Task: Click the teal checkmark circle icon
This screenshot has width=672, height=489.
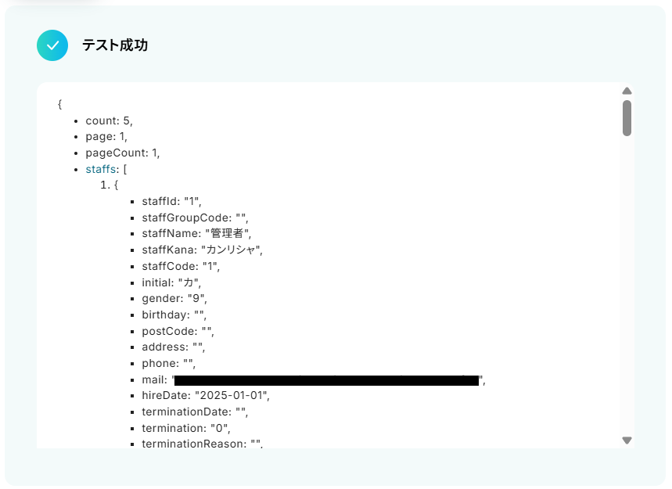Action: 52,45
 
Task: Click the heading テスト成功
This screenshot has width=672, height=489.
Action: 115,45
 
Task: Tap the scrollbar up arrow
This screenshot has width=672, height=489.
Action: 627,91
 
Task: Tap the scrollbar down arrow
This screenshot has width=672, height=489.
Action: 627,440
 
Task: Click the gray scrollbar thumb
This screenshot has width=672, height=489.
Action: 627,117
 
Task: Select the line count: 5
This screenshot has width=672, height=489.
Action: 110,120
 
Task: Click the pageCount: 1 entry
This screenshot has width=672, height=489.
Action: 123,153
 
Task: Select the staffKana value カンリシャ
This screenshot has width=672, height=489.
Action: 232,250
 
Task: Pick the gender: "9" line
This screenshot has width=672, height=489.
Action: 174,298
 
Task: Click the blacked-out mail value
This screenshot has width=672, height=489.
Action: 325,380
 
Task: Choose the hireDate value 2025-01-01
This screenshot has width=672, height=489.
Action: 232,395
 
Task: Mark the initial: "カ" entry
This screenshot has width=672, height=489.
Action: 171,282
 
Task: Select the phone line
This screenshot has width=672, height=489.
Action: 168,363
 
